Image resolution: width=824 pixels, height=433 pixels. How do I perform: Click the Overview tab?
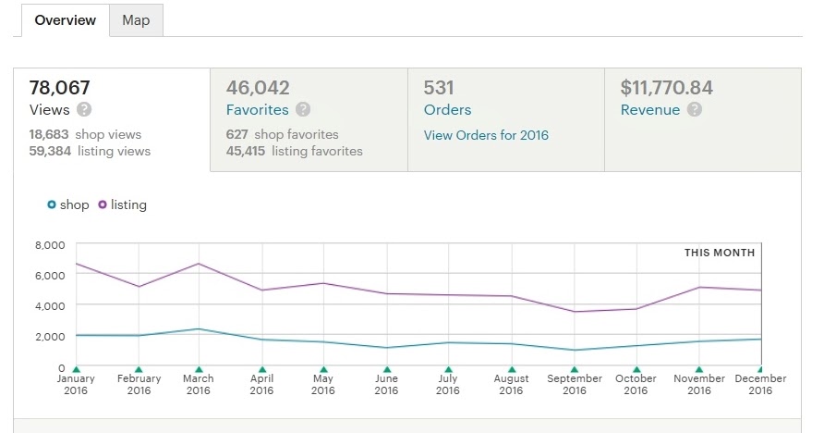pos(65,20)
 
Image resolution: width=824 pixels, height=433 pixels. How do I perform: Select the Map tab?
pos(136,20)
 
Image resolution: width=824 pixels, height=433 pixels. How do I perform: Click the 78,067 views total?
pos(60,88)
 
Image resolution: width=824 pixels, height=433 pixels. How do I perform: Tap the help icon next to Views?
pos(84,110)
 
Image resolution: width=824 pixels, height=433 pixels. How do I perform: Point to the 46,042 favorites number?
pos(258,88)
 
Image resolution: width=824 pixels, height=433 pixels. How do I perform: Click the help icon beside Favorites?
pos(303,110)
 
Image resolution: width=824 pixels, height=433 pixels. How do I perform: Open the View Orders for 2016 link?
pos(486,135)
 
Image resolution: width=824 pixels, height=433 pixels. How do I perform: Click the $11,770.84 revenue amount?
pos(666,88)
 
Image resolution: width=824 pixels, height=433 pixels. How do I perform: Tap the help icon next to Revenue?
pos(695,110)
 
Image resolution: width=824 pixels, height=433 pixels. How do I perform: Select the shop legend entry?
pos(68,204)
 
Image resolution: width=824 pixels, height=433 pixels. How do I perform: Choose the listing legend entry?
pos(123,204)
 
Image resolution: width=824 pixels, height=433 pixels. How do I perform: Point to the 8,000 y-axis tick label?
pos(49,244)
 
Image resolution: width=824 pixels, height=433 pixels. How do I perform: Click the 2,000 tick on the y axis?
pos(49,336)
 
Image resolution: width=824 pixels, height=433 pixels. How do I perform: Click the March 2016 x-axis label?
pos(199,384)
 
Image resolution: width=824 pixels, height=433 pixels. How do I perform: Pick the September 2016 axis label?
pos(575,384)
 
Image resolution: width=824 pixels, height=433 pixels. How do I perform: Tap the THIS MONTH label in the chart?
pos(719,253)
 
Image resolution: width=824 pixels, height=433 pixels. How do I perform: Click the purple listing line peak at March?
pos(199,264)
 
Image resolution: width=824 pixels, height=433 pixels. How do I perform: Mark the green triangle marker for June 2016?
pos(386,369)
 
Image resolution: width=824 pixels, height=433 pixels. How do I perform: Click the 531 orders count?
pos(440,88)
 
